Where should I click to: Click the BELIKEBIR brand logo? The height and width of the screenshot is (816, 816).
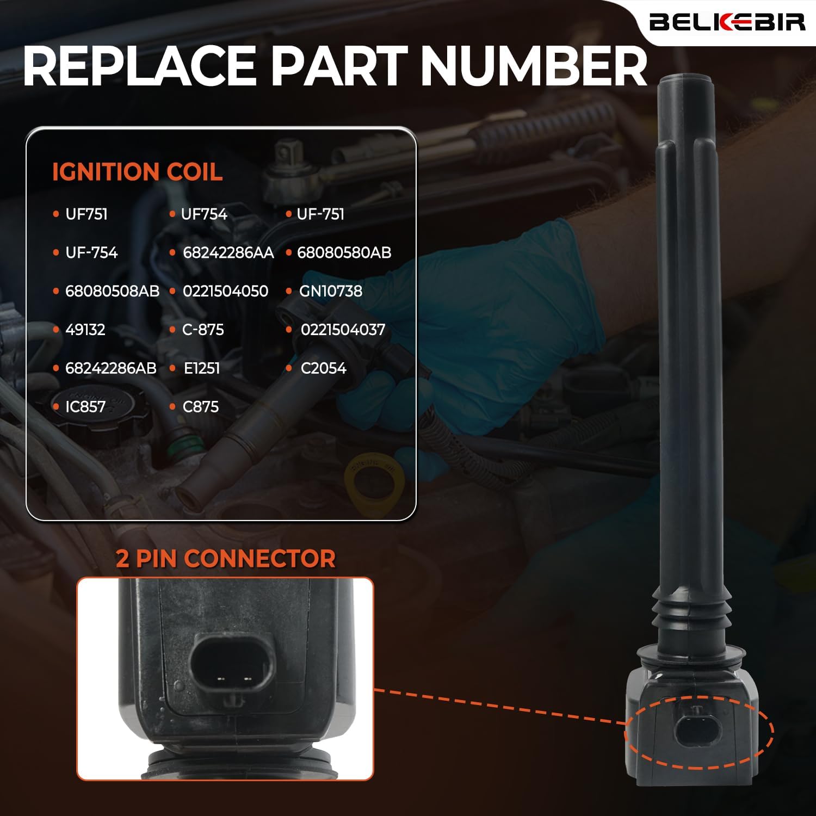[727, 22]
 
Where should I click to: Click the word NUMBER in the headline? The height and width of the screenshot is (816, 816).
[534, 66]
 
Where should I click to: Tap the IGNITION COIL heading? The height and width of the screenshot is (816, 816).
[137, 172]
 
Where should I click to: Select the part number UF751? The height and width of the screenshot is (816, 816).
[86, 214]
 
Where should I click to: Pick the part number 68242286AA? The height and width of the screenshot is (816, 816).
[228, 253]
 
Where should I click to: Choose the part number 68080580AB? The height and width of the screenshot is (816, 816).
[344, 253]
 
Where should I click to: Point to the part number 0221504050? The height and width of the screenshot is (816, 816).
[225, 292]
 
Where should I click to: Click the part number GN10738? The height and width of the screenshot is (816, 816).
[330, 292]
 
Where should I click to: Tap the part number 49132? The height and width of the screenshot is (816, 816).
[85, 330]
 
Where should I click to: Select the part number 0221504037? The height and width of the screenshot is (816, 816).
[343, 330]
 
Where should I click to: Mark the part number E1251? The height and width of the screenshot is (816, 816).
[202, 368]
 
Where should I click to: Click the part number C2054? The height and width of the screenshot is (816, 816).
[323, 368]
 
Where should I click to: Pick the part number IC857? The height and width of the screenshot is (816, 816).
[85, 407]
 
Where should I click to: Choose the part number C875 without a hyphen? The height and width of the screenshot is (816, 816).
[201, 407]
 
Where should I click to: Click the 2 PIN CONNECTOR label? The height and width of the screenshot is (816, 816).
[225, 559]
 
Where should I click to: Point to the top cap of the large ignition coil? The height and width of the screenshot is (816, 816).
[686, 84]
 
